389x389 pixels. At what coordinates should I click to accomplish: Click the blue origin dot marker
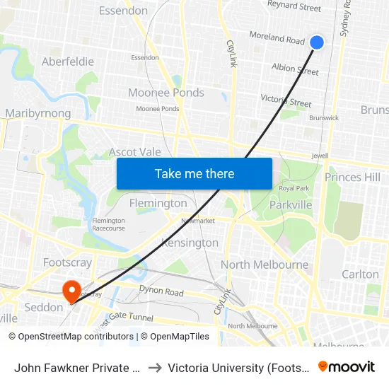[x=317, y=42]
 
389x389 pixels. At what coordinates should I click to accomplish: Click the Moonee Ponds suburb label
[x=166, y=93]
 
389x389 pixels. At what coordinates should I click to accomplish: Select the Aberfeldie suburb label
[x=68, y=62]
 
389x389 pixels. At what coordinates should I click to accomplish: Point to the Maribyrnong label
[x=38, y=113]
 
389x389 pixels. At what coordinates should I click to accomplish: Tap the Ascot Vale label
[x=134, y=152]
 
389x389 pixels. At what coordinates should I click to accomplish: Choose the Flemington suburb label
[x=158, y=203]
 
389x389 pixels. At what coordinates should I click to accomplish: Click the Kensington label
[x=190, y=243]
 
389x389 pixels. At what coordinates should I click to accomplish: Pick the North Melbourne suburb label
[x=265, y=265]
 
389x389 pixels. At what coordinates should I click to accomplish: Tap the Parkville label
[x=291, y=205]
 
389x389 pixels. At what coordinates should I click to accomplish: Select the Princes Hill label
[x=352, y=177]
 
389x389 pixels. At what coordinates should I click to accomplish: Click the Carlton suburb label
[x=360, y=274]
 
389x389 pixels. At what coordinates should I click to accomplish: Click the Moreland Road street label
[x=277, y=37]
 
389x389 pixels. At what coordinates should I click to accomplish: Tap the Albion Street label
[x=295, y=69]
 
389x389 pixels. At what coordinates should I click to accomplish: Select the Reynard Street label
[x=294, y=7]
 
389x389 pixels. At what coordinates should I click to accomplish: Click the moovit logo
[x=347, y=366]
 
